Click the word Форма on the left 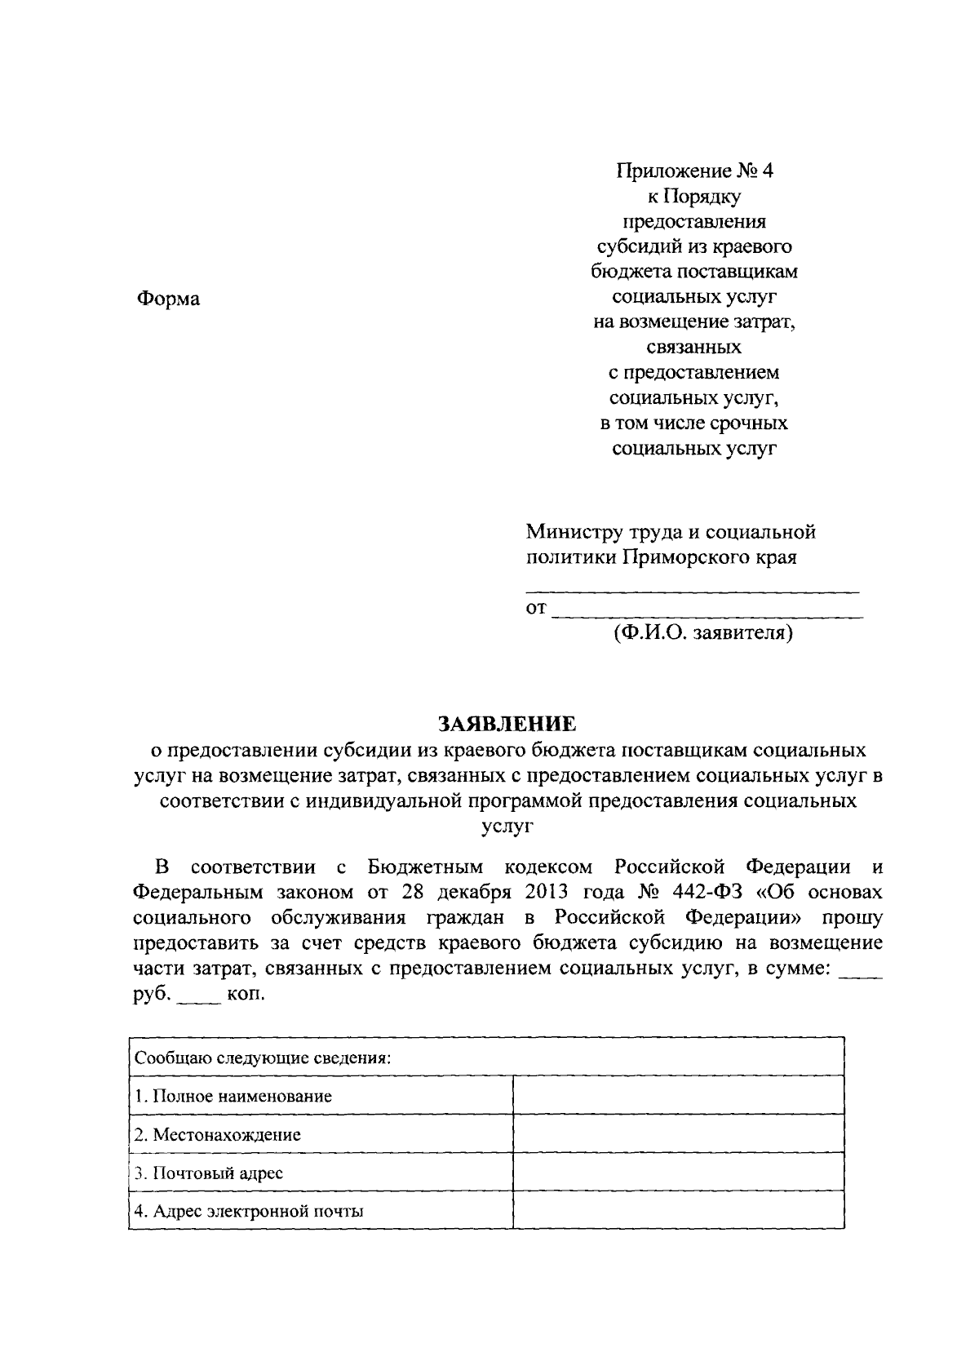point(167,299)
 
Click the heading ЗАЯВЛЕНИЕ point(507,724)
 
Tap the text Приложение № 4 point(693,171)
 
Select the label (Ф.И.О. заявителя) point(703,632)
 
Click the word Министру point(573,533)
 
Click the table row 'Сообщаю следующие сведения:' point(485,1058)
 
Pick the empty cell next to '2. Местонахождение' point(678,1134)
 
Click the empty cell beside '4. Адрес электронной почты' point(678,1211)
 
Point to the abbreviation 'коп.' point(246,995)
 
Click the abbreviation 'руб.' point(152,995)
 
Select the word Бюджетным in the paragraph point(425,866)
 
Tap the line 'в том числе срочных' point(693,423)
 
